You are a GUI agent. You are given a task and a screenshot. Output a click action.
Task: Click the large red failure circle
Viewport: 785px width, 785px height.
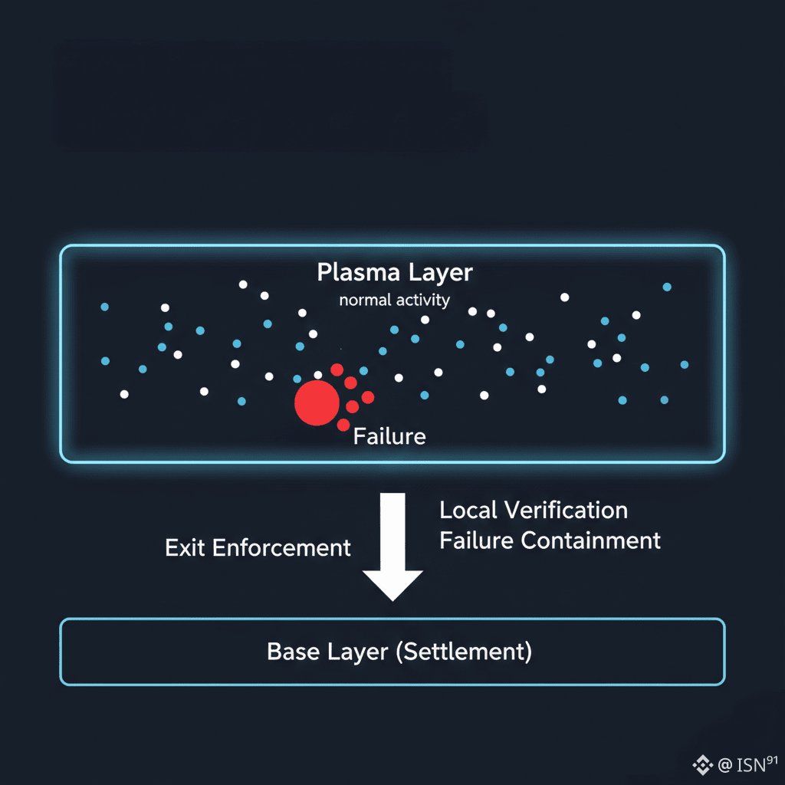(x=317, y=402)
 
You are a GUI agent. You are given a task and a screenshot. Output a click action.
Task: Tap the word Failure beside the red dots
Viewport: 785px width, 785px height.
(x=389, y=437)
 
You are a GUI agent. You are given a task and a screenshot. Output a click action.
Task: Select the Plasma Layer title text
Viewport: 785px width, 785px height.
(x=395, y=272)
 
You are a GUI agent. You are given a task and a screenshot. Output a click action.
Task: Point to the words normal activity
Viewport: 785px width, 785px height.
(x=394, y=300)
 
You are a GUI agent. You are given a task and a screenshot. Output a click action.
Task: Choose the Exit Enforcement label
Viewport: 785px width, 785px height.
(x=258, y=547)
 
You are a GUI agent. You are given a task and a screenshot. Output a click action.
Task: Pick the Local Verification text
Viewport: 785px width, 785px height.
(x=533, y=510)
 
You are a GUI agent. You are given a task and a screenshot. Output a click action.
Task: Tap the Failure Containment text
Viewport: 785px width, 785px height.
(x=550, y=540)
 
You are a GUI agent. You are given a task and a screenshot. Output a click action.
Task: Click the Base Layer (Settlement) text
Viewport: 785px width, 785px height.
(x=399, y=652)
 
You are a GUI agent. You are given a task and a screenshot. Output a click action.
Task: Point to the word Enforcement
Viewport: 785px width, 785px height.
(x=281, y=547)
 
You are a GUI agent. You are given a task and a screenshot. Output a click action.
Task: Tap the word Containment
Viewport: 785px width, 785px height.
(x=590, y=540)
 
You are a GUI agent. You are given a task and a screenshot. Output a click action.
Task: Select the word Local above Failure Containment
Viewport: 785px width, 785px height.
(x=468, y=510)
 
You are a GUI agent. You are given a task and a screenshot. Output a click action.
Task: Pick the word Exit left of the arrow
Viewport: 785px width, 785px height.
(x=185, y=547)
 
